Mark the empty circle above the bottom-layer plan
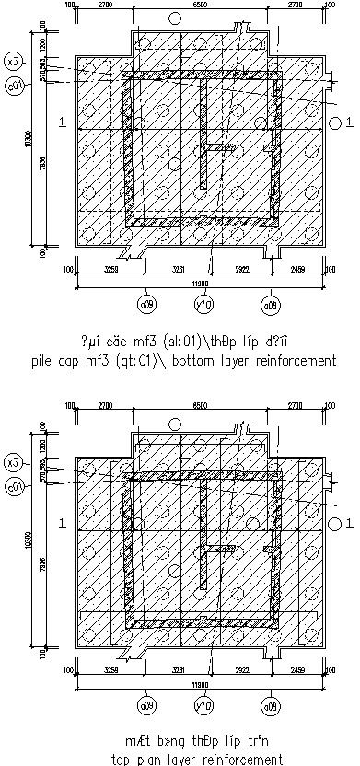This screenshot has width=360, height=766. [173, 18]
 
